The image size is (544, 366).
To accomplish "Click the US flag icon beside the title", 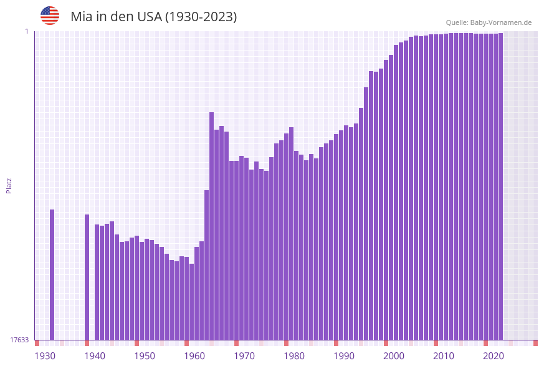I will pyautogui.click(x=50, y=16).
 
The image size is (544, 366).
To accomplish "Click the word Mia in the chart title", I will pyautogui.click(x=81, y=17).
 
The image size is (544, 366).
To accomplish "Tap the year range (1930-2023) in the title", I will pyautogui.click(x=201, y=17).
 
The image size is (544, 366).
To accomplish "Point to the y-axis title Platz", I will pyautogui.click(x=9, y=185).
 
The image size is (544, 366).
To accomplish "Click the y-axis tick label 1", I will pyautogui.click(x=26, y=31).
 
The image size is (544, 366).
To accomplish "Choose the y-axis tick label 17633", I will pyautogui.click(x=19, y=340).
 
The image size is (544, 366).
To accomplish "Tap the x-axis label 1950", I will pyautogui.click(x=145, y=356).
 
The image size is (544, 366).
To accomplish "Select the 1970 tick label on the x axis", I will pyautogui.click(x=244, y=356).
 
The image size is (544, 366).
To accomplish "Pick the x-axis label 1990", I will pyautogui.click(x=344, y=356).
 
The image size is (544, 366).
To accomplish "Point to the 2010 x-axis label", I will pyautogui.click(x=444, y=356).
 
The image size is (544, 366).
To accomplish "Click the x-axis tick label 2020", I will pyautogui.click(x=494, y=356).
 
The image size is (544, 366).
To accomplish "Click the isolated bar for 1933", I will pyautogui.click(x=52, y=274).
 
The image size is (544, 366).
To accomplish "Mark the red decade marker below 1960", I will pyautogui.click(x=186, y=343).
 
